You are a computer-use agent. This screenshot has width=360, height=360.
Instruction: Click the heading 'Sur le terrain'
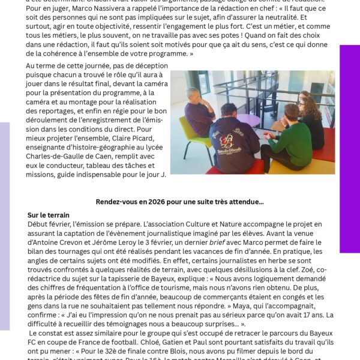[x=49, y=215]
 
